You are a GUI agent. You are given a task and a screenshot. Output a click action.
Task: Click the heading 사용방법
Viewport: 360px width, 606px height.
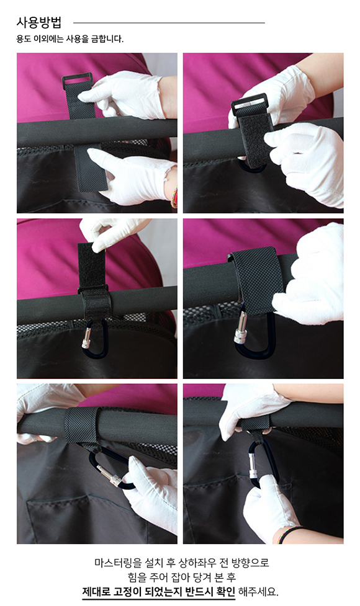(x=38, y=22)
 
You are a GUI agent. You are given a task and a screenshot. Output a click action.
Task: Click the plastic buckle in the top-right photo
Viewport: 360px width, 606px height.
(x=249, y=103)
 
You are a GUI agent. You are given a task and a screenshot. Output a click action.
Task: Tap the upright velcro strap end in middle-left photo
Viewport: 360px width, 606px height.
(x=92, y=265)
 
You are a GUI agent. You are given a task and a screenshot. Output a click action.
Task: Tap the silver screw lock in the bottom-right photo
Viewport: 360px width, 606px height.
(x=253, y=466)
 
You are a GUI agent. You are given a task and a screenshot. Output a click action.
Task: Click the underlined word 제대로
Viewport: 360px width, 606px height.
(x=96, y=591)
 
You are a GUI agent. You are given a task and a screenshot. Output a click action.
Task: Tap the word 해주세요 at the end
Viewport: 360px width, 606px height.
(x=258, y=591)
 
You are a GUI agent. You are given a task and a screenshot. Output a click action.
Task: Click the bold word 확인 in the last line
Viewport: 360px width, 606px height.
(x=226, y=591)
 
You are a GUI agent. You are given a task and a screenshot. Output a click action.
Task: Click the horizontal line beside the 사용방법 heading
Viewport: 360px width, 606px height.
(x=169, y=23)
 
